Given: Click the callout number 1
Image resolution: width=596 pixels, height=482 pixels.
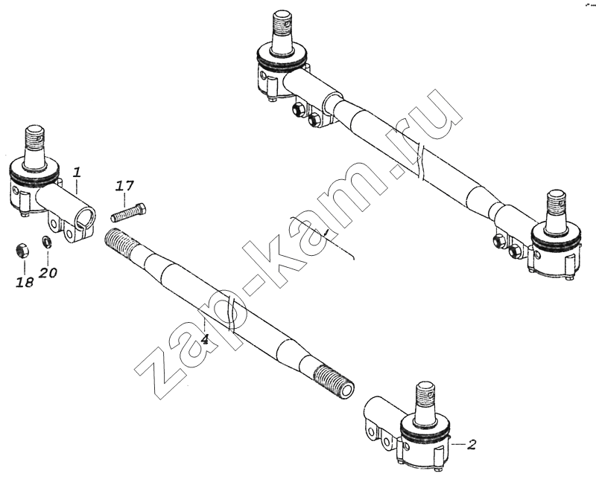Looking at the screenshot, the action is [77, 173].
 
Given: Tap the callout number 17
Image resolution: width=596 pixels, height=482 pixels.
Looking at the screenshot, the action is [125, 186].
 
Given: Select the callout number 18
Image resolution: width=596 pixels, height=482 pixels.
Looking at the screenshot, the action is [25, 282].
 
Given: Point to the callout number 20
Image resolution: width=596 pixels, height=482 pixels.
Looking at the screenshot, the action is [48, 272].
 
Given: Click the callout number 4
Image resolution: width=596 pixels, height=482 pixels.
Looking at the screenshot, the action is [204, 339].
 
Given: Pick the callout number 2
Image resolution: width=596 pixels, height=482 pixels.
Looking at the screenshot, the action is [472, 444].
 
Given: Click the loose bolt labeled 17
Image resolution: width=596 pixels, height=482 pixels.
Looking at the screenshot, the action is [129, 213].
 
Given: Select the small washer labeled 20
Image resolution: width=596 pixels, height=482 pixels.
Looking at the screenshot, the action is [47, 242].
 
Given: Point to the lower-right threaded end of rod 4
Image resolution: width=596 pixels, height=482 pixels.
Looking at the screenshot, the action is [335, 381].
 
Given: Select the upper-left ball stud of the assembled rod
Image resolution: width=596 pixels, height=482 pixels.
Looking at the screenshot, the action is [283, 26].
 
